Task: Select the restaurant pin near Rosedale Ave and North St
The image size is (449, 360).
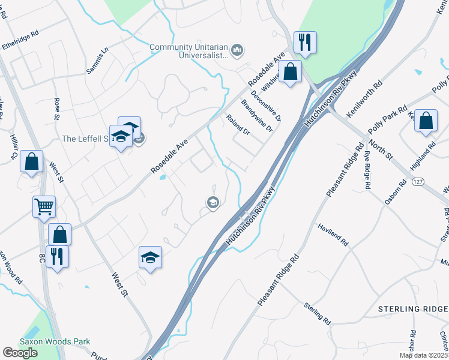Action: [305, 42]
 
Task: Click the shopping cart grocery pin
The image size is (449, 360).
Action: [44, 207]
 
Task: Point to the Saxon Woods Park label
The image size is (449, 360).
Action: [55, 341]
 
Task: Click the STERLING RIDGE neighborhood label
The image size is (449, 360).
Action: [413, 309]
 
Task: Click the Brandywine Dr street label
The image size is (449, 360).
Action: [257, 115]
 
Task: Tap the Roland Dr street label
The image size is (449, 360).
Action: [238, 124]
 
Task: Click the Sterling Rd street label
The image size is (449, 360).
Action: [318, 313]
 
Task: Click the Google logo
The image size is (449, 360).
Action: [20, 352]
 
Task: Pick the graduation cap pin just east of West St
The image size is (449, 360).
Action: [150, 257]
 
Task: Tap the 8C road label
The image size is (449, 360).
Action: [41, 258]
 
